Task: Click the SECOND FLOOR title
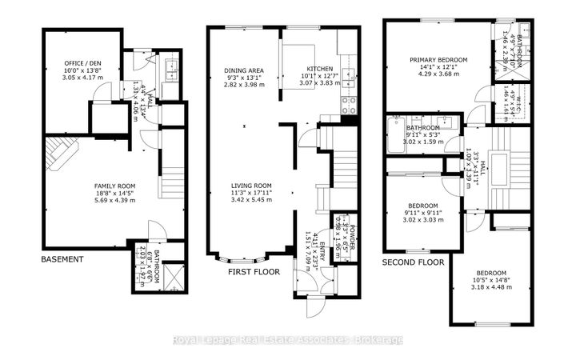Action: coord(413,262)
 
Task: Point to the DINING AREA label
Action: coord(242,70)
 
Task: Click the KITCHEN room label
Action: coord(309,70)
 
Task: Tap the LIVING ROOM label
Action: coord(247,186)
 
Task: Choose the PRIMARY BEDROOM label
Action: coord(437,59)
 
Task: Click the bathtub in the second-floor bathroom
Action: coord(398,131)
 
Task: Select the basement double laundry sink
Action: coord(172,71)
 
